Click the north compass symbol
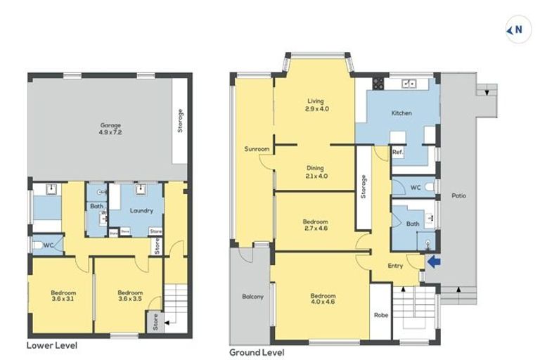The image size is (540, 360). pos(517,30)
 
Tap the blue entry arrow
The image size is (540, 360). pos(435,262)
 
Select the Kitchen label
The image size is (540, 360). pos(401,112)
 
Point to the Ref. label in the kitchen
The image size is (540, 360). pos(397,153)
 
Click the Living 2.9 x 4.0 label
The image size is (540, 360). pos(317,105)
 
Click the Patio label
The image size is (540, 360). pos(459,195)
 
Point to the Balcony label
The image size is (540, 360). pos(252,297)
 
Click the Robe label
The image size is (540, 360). pos(381,314)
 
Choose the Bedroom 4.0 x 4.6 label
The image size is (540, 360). pos(323,300)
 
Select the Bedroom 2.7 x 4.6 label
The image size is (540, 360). pos(315,226)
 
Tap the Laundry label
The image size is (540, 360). pos(141,210)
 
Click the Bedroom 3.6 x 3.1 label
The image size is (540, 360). pos(63,296)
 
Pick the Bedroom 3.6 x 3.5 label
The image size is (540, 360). pos(130,296)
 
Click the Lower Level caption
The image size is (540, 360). pos(52,345)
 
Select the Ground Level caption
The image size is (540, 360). pos(257,351)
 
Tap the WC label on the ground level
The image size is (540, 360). pos(414,188)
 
